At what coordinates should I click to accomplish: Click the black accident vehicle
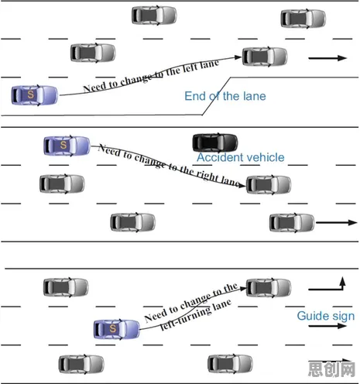tap(215, 142)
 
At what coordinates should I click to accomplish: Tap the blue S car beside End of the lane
tap(35, 95)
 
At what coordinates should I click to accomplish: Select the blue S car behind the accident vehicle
tap(67, 146)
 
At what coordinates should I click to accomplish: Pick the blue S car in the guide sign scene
tap(116, 329)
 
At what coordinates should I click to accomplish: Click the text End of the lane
tap(225, 96)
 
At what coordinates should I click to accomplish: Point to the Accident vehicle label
tap(241, 157)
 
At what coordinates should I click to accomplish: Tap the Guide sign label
tap(326, 316)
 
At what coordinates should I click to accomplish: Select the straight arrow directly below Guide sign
tap(327, 326)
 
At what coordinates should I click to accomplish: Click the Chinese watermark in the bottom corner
tap(332, 369)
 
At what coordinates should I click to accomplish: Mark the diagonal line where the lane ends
tap(216, 96)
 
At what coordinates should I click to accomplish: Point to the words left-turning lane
tap(195, 315)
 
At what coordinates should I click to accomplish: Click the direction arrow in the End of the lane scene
tap(327, 58)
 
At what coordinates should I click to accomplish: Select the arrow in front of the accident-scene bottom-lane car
tap(337, 222)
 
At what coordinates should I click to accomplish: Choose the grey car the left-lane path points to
tap(265, 57)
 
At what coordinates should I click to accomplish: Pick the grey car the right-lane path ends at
tap(269, 185)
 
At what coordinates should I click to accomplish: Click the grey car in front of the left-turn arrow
tap(269, 288)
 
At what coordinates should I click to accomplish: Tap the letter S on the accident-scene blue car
tap(63, 145)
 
